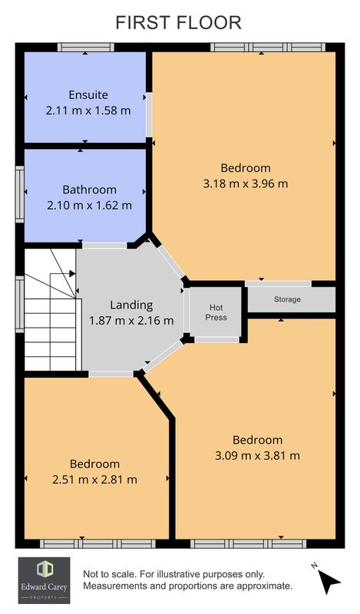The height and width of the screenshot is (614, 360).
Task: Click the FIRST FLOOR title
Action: (179, 22)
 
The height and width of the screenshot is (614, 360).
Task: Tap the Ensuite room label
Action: (88, 94)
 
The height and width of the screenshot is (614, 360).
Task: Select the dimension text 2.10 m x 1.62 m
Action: (89, 205)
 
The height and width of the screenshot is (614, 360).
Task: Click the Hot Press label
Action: (216, 312)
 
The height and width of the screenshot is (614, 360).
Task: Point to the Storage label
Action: (287, 299)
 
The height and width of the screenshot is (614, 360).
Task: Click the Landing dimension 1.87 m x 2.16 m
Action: (131, 321)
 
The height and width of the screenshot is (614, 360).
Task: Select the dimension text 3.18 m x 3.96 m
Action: (246, 183)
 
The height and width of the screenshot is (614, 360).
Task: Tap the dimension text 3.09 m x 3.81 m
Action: (257, 455)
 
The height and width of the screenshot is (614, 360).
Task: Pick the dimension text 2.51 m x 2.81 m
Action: (95, 479)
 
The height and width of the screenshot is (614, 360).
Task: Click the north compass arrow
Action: (329, 581)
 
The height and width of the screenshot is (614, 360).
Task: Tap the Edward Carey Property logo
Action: (45, 580)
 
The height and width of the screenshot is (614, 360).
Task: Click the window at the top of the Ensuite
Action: (86, 48)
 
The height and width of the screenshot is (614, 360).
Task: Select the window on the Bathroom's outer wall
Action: (20, 194)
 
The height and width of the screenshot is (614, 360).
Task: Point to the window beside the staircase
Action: (20, 304)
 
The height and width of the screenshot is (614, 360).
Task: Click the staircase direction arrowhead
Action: (72, 273)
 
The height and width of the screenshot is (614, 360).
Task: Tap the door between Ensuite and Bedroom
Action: (149, 114)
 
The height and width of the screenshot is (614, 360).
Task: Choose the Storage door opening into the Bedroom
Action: (278, 283)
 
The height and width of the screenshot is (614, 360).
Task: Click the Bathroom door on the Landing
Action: (104, 246)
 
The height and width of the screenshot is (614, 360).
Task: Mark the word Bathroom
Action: (89, 190)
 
